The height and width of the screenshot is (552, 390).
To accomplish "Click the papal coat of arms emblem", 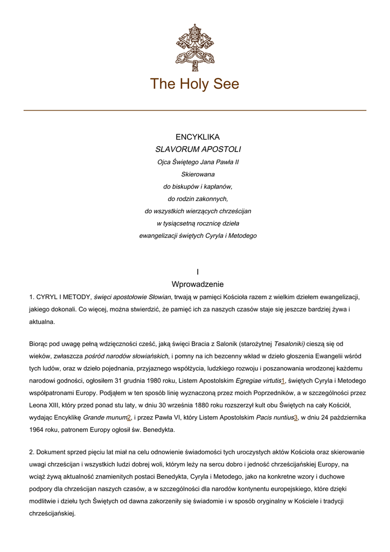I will click(195, 47).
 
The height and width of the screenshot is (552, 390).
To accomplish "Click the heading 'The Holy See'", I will click(194, 84).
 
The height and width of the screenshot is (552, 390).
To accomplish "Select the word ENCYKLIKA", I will click(198, 137).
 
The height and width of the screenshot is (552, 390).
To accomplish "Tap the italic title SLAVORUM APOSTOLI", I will click(198, 149).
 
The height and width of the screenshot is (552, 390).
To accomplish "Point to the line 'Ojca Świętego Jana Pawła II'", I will click(198, 162).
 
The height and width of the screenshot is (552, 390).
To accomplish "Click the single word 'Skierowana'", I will click(198, 174).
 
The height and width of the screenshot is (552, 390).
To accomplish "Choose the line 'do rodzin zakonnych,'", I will click(198, 199).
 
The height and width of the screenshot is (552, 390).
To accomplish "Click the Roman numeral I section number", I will click(198, 272).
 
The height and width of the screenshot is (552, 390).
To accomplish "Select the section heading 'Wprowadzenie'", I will click(198, 284).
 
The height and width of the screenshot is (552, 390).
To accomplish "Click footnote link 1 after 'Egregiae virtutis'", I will click(283, 381).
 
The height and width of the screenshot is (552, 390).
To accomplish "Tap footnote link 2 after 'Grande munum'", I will click(129, 418).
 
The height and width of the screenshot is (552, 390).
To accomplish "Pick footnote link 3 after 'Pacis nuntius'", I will click(296, 418).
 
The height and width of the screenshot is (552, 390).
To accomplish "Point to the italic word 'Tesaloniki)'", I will click(290, 343).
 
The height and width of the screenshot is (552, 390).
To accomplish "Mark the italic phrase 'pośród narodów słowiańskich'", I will click(127, 356).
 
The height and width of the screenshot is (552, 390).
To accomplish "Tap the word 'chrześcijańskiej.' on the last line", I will click(52, 514).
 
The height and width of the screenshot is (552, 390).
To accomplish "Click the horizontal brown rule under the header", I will click(195, 111).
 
